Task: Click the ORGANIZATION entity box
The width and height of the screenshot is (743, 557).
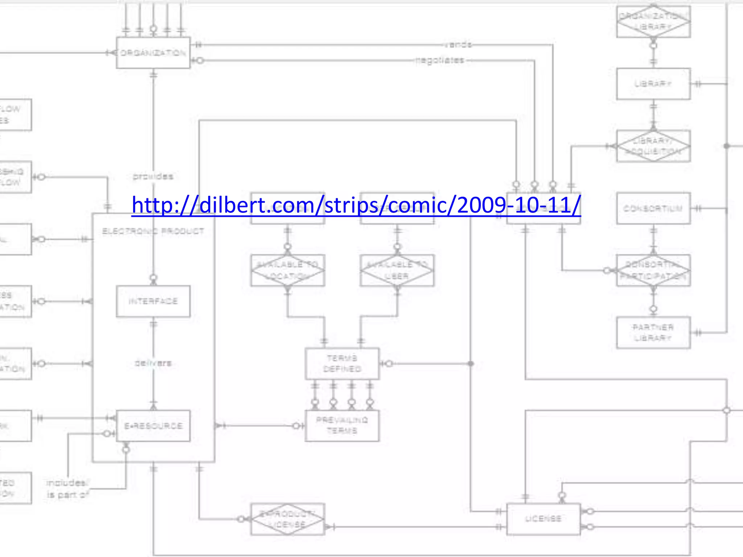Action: coord(153,53)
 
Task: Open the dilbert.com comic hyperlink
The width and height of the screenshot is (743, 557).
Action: coord(356,205)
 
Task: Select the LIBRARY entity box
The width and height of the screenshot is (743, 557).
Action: coord(653,84)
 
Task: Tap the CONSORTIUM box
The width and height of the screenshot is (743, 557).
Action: coord(653,209)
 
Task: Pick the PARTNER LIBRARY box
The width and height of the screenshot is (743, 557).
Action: coord(653,333)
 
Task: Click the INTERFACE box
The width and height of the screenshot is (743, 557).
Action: coord(153,301)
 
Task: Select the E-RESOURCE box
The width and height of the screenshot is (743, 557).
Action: coord(153,426)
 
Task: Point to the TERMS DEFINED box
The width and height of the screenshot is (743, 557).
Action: coord(342,364)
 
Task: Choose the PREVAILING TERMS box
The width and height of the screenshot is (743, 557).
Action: coord(342,426)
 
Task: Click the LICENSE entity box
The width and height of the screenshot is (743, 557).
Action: coord(543,519)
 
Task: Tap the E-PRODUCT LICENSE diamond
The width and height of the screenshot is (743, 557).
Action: coord(287,519)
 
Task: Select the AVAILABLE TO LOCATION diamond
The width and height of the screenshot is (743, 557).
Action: coord(287,271)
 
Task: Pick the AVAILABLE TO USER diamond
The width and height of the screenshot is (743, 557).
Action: coord(397,271)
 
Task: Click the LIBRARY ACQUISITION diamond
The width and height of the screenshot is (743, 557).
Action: coord(653,146)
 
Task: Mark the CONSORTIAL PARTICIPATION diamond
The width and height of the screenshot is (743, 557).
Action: coord(653,271)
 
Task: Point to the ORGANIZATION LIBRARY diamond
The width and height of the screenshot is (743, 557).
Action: coord(653,22)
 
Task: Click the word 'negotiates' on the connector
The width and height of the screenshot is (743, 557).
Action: coord(440,60)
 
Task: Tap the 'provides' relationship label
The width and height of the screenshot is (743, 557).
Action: coord(153,177)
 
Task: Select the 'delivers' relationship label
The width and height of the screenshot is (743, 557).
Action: coord(153,363)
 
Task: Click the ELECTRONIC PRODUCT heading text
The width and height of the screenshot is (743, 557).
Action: coord(153,231)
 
